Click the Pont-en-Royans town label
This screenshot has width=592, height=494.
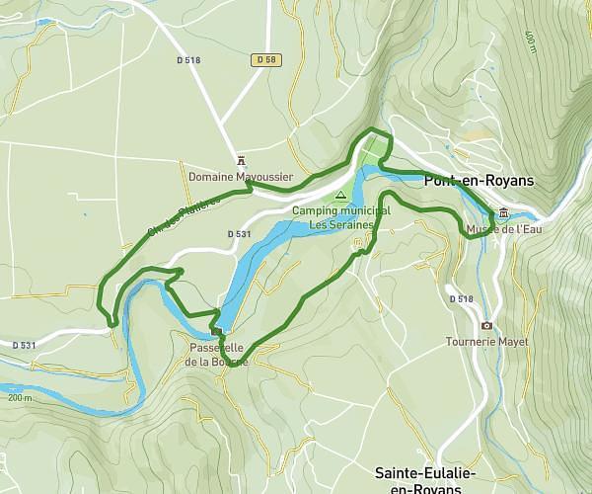point(478,181)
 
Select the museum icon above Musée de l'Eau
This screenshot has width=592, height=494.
point(504,213)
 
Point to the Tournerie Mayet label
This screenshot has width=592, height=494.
point(485,342)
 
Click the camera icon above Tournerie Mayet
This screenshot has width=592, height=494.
point(485,325)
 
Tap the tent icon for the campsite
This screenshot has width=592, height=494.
point(341,196)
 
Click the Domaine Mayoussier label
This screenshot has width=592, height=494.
point(242,178)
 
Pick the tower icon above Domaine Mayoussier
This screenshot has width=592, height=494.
point(242,161)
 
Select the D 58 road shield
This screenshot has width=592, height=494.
point(262,60)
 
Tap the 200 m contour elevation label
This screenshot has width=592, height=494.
point(19,397)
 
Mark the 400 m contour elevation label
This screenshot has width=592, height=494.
point(530,41)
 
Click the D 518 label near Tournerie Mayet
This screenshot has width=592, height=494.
point(461,298)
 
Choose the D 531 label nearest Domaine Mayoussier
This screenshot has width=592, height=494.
point(241,234)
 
